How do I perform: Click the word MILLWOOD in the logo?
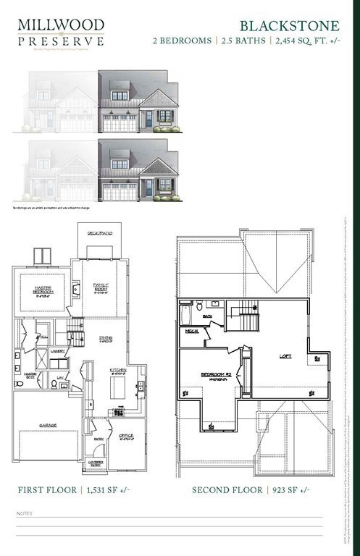pos(61,25)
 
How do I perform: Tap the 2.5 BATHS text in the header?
pos(241,41)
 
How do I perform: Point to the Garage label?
pos(49,425)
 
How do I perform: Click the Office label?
pos(126,435)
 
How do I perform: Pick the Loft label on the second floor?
pos(285,355)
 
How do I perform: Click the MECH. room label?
pos(192,331)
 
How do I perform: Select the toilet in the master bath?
pos(19,384)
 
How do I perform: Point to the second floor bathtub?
pos(185,313)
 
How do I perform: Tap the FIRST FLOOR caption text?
pos(47,490)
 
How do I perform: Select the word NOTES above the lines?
pos(24,513)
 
